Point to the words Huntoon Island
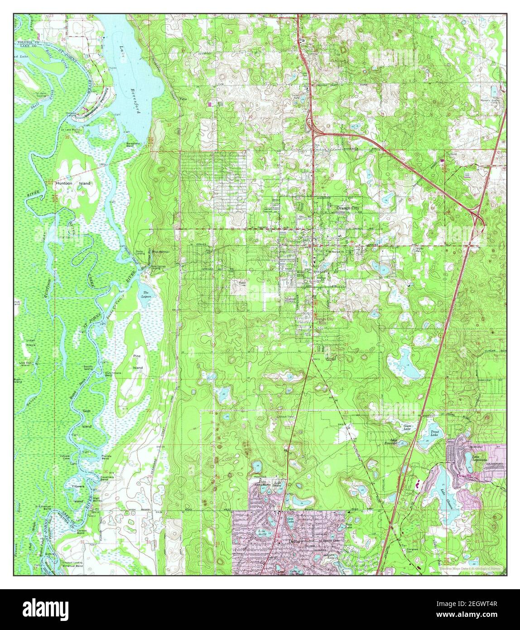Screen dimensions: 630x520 click(x=73, y=184)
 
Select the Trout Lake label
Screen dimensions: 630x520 click(x=434, y=434)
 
